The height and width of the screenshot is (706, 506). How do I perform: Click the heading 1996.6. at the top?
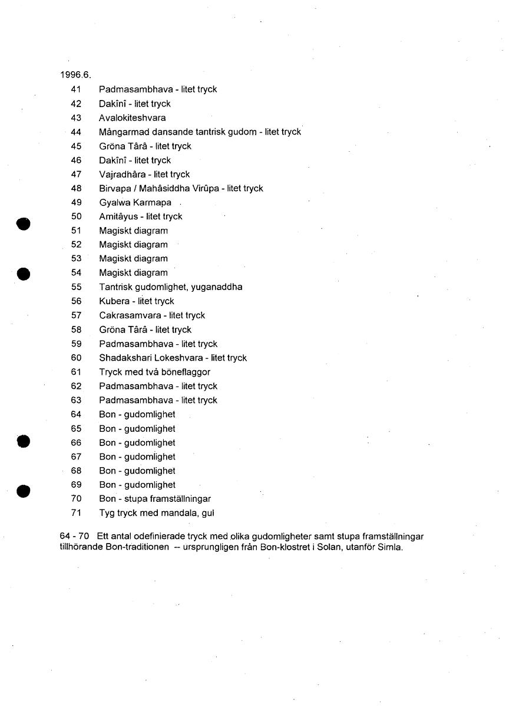click(x=75, y=75)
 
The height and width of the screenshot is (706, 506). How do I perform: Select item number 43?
click(x=75, y=118)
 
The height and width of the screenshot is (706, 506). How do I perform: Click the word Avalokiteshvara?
click(x=132, y=118)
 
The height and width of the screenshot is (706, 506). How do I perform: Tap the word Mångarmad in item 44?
click(x=122, y=132)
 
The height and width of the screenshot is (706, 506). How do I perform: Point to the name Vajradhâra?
click(x=122, y=174)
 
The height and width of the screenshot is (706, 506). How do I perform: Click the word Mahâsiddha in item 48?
click(x=164, y=188)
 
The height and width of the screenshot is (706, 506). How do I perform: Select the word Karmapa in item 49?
click(x=152, y=202)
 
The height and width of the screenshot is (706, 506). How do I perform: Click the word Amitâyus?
click(x=118, y=217)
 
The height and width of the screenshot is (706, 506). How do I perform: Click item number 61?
click(x=75, y=372)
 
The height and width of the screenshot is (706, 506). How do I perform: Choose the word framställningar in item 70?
click(x=179, y=499)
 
